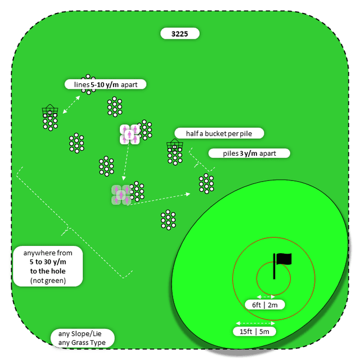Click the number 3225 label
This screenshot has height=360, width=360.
180,34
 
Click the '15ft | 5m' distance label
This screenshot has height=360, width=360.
255,331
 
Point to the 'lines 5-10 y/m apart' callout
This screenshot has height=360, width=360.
106,84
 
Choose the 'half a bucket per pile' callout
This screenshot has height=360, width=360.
218,133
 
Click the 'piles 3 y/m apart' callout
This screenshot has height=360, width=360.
249,153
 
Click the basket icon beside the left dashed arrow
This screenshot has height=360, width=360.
50,110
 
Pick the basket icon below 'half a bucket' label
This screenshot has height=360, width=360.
174,147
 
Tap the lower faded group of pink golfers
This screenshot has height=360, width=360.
121,195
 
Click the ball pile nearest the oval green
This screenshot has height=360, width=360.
206,183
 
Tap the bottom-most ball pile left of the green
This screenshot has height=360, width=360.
167,220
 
